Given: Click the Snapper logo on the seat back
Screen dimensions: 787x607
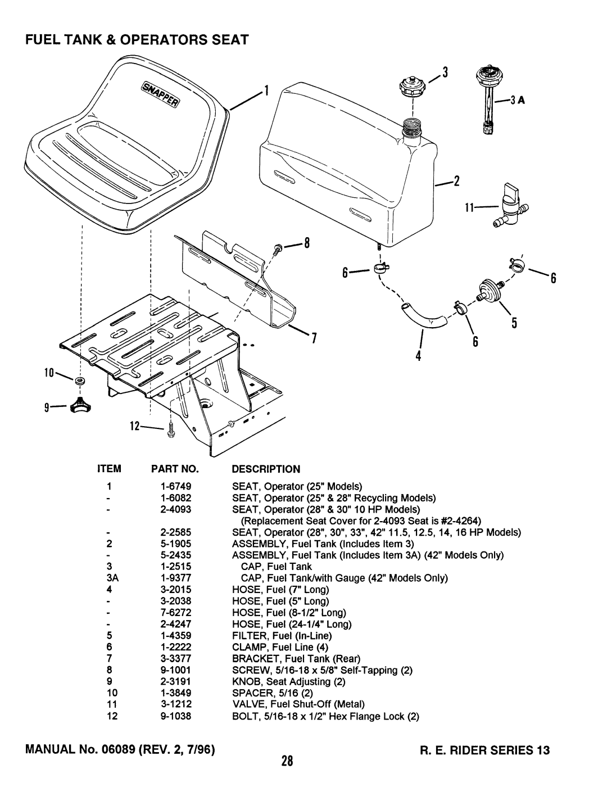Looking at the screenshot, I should (160, 89).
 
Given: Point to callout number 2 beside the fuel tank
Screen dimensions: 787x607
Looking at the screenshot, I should (457, 181).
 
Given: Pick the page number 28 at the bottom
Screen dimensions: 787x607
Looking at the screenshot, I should (303, 762).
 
